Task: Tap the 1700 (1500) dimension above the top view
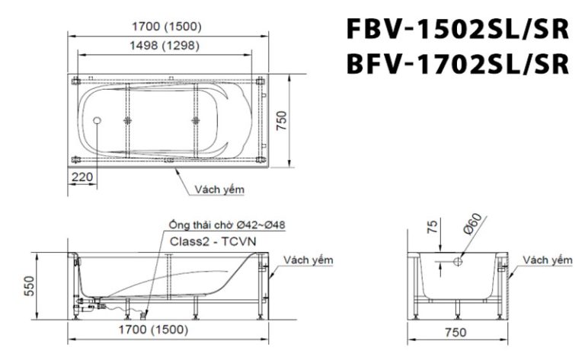[165, 27]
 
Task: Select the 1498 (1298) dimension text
[165, 46]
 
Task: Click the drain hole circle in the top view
[97, 120]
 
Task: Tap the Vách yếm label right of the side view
[308, 260]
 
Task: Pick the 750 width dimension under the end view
[455, 332]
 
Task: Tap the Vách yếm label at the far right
[547, 260]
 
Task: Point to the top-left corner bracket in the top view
[75, 80]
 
